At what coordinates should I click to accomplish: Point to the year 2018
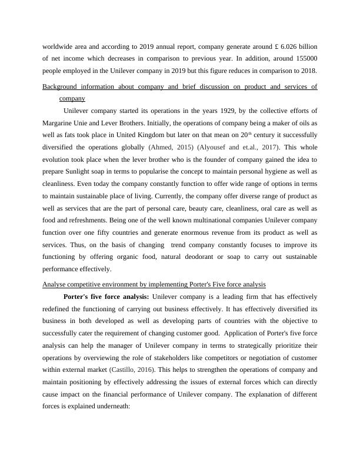[x=306, y=71]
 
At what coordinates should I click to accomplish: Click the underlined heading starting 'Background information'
[x=180, y=87]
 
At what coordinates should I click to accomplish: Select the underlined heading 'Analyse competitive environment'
[x=154, y=285]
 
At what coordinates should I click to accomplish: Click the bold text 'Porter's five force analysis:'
[x=106, y=297]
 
